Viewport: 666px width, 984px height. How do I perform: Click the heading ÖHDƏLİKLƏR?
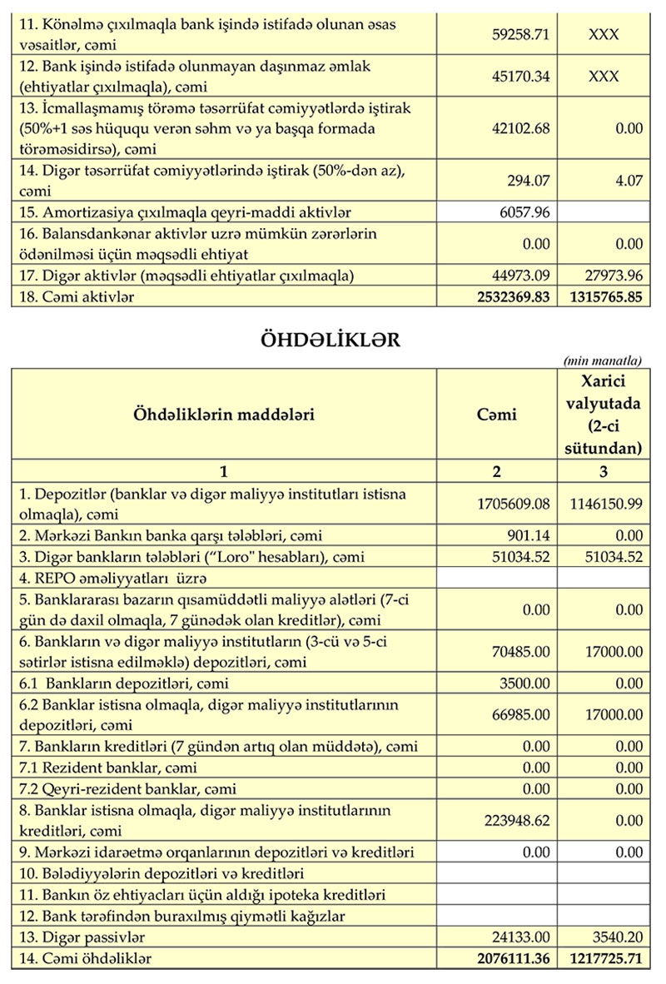tap(331, 340)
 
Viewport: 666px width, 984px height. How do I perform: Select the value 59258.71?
tap(523, 36)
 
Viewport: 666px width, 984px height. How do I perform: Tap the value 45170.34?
tap(523, 77)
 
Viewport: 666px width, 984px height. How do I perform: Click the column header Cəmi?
tap(497, 414)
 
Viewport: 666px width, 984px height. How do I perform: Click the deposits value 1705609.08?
tap(509, 504)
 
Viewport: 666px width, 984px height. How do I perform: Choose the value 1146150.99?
tap(606, 504)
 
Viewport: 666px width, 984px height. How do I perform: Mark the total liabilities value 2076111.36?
tap(509, 959)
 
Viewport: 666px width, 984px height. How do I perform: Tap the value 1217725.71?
tap(606, 959)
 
